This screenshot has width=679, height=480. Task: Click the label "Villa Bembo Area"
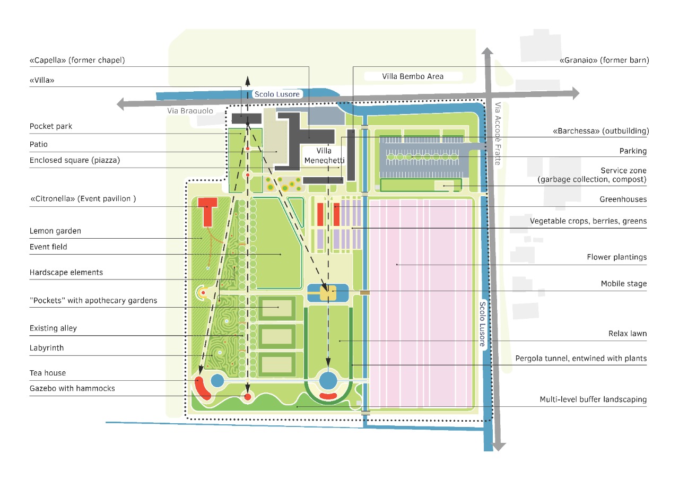pos(413,76)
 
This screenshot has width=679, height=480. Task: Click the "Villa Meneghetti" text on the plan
pos(325,155)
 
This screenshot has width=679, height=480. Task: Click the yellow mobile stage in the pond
pos(328,293)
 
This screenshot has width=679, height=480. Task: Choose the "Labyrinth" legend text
pos(47,348)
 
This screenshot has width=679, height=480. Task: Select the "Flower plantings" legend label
pos(616,257)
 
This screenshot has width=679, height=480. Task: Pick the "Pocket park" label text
pos(51,127)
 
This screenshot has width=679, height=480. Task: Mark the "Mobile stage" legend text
pos(623,284)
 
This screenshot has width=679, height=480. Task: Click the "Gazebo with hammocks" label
pos(72,389)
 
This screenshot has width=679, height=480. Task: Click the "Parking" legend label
pos(633,151)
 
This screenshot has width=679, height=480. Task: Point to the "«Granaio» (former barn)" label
pos(604,60)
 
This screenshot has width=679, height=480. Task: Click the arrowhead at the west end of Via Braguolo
pos(121,104)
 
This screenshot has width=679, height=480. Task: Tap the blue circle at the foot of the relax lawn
pos(328,380)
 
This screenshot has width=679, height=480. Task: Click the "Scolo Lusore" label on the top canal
pos(277,94)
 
